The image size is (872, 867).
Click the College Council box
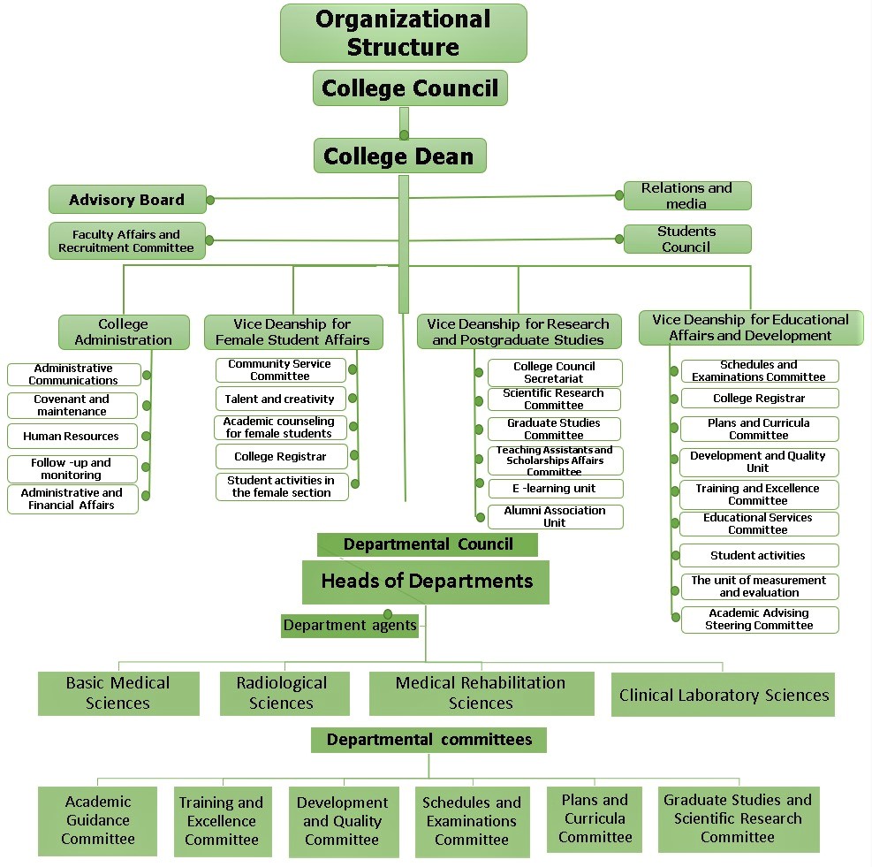pos(410,88)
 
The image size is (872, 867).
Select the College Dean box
pos(399,156)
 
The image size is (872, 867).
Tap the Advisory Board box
pos(127,200)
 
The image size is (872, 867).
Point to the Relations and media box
pos(686,195)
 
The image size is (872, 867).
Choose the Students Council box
pos(686,239)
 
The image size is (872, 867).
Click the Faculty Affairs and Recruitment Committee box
pos(126,241)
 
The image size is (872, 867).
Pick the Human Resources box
pos(72,436)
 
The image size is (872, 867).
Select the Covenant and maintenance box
pos(72,406)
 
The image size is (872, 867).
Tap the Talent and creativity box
pos(280,399)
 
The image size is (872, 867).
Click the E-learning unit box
pos(555,488)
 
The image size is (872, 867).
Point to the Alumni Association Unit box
pos(555,516)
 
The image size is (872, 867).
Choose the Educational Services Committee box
pos(758,523)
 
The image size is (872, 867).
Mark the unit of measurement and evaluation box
pos(758,586)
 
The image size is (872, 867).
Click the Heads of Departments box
pos(426,582)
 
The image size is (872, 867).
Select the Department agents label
pos(350,626)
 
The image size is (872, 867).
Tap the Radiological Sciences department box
pos(282,693)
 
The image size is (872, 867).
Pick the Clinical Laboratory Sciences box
pos(724,695)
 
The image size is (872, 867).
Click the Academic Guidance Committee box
pos(98,820)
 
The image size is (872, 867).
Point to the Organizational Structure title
pos(403,33)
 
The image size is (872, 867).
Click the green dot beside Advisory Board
pos(210,200)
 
